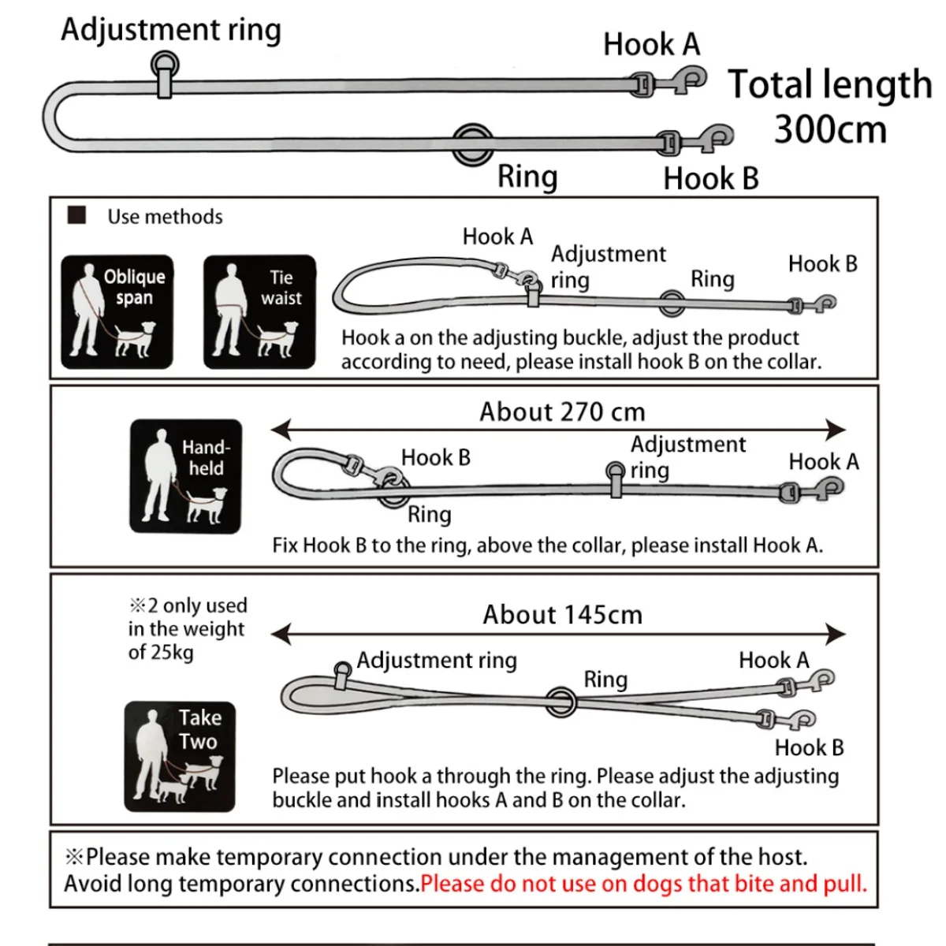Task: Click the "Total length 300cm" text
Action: click(829, 106)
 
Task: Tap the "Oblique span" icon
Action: click(117, 312)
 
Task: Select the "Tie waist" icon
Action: click(259, 312)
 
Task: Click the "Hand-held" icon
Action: click(185, 476)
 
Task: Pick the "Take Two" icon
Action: click(180, 756)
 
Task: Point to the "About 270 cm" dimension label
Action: click(562, 412)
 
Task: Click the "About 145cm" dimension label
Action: click(562, 615)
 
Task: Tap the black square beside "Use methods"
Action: click(76, 215)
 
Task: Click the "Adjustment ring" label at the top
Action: click(170, 30)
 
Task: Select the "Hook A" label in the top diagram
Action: click(651, 44)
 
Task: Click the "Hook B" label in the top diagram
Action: click(710, 179)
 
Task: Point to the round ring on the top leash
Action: click(472, 143)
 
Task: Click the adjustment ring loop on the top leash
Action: click(165, 65)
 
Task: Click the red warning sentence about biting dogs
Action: click(643, 884)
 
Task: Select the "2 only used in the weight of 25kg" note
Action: click(188, 628)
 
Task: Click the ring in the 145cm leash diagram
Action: click(561, 699)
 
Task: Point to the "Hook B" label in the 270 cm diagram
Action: click(435, 457)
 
